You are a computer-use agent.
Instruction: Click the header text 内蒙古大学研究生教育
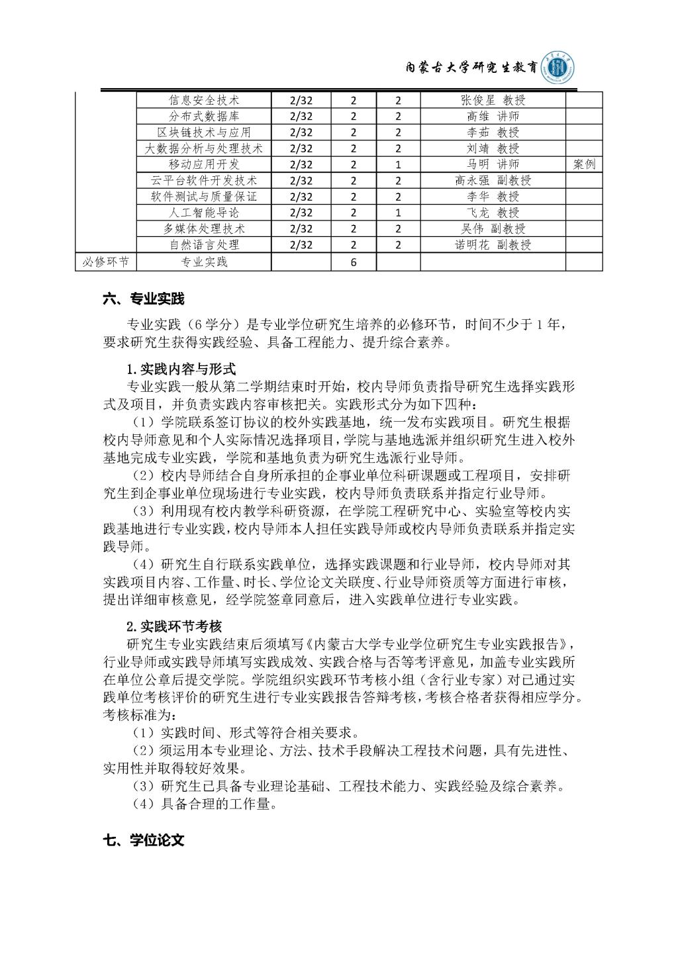[x=470, y=69]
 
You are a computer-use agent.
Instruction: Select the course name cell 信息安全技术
[x=204, y=100]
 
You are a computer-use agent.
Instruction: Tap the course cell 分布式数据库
[x=204, y=117]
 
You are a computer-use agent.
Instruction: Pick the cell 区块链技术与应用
[x=204, y=132]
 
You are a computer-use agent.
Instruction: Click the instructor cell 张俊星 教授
[x=493, y=100]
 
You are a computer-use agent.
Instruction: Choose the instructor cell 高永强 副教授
[x=493, y=180]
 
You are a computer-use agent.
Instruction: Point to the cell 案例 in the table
[x=584, y=164]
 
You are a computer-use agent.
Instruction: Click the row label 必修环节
[x=105, y=262]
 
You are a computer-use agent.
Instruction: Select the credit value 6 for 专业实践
[x=354, y=262]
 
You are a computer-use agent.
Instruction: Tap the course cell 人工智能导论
[x=204, y=213]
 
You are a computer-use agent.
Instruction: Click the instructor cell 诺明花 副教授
[x=493, y=244]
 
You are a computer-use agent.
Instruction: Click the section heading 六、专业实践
[x=144, y=299]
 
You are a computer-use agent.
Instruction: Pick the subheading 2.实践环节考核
[x=174, y=626]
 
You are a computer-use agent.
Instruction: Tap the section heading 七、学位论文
[x=144, y=840]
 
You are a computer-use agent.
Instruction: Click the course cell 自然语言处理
[x=204, y=244]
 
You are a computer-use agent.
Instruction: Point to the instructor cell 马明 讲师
[x=493, y=164]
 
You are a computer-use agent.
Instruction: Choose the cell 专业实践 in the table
[x=204, y=262]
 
